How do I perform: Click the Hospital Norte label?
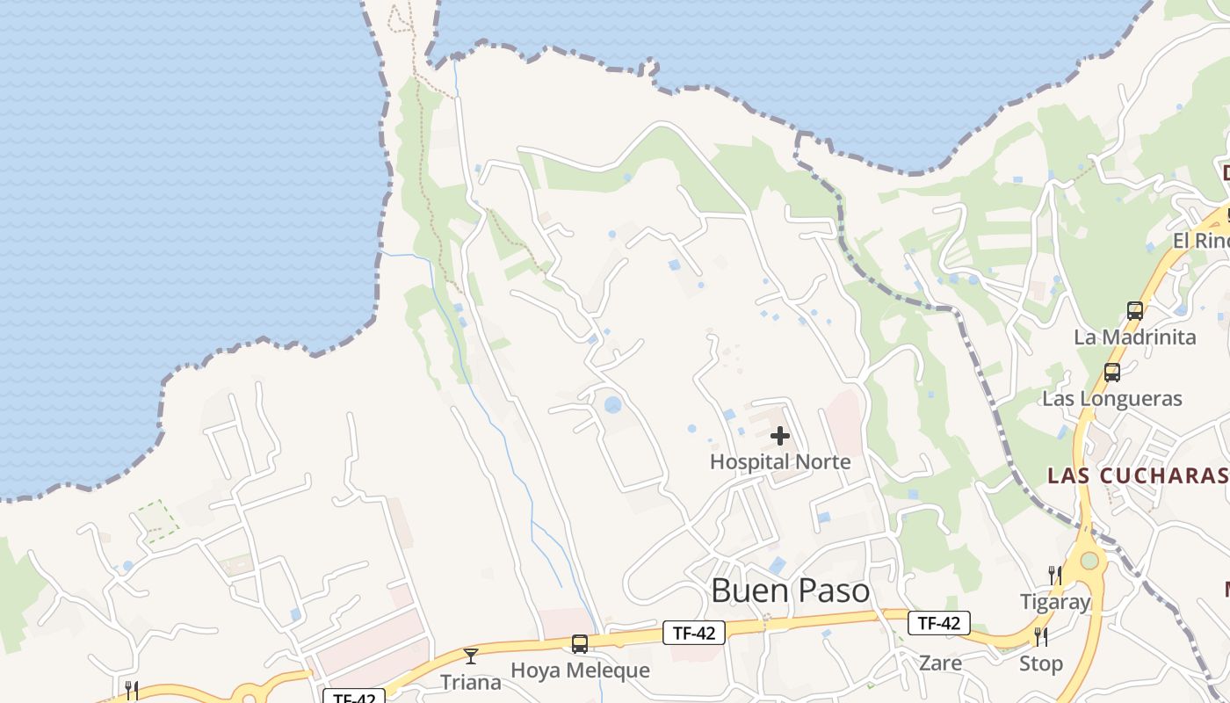(x=780, y=461)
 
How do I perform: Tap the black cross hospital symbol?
(x=780, y=436)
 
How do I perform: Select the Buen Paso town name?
(x=790, y=591)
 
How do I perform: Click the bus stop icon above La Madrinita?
(x=1135, y=311)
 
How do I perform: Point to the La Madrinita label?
(x=1135, y=337)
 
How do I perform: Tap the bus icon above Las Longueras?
(x=1112, y=373)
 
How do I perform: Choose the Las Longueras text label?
(x=1112, y=399)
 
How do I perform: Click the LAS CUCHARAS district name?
(x=1137, y=475)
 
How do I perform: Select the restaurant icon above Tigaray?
(x=1055, y=576)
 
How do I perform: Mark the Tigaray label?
(x=1054, y=602)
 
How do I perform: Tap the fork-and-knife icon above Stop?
(x=1040, y=636)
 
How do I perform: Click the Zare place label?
(x=940, y=663)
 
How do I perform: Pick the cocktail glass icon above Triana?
(x=471, y=656)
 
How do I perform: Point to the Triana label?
(x=471, y=682)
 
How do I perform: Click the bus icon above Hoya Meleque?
(x=580, y=644)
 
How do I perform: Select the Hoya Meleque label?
(x=580, y=670)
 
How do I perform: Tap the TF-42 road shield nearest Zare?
(x=938, y=623)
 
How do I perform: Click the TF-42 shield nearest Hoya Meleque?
(x=694, y=632)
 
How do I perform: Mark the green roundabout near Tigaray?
(x=1089, y=560)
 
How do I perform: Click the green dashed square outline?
(x=156, y=521)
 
